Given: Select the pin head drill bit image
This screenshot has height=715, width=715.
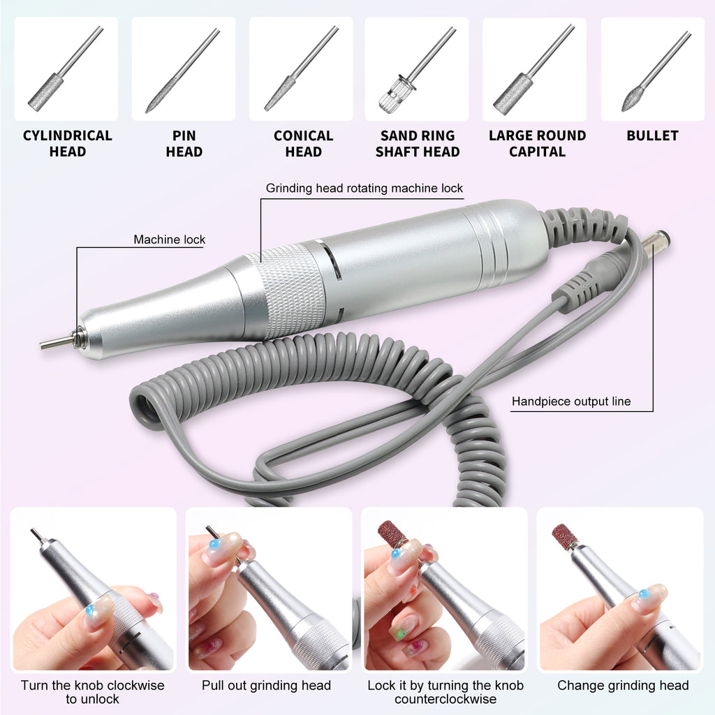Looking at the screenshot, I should pyautogui.click(x=183, y=70).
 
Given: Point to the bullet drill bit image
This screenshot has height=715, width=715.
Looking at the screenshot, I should pyautogui.click(x=652, y=70).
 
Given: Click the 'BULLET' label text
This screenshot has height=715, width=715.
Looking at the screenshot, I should pyautogui.click(x=652, y=135).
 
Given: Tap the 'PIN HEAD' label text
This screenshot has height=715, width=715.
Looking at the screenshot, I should pyautogui.click(x=184, y=144).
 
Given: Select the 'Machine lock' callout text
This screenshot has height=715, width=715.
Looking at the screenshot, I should pyautogui.click(x=170, y=239).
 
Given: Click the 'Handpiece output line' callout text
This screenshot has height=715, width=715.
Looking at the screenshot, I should pyautogui.click(x=571, y=401).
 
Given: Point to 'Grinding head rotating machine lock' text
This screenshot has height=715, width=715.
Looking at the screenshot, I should pyautogui.click(x=364, y=189).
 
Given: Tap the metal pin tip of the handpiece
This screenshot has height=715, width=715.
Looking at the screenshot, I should pyautogui.click(x=56, y=343).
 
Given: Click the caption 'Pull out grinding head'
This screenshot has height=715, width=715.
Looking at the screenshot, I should pyautogui.click(x=266, y=685).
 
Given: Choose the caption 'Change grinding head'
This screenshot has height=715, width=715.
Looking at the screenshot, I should pyautogui.click(x=623, y=685).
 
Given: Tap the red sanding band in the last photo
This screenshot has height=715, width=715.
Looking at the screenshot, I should pyautogui.click(x=565, y=536).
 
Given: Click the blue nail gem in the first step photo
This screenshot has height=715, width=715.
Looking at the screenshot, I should pyautogui.click(x=89, y=610).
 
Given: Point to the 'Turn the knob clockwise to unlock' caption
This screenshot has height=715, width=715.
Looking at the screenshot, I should pyautogui.click(x=92, y=692).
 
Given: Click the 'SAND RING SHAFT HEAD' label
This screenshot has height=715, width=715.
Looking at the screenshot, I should pyautogui.click(x=418, y=144).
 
